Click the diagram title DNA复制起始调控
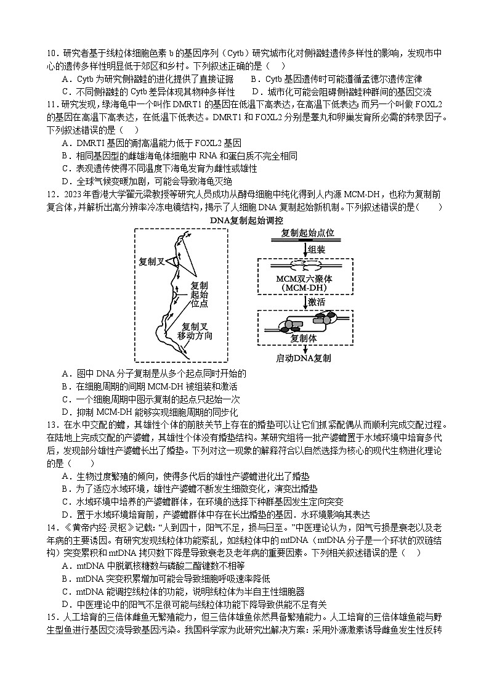pyautogui.click(x=246, y=220)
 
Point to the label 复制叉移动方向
pyautogui.click(x=195, y=331)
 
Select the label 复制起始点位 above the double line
pyautogui.click(x=307, y=233)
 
